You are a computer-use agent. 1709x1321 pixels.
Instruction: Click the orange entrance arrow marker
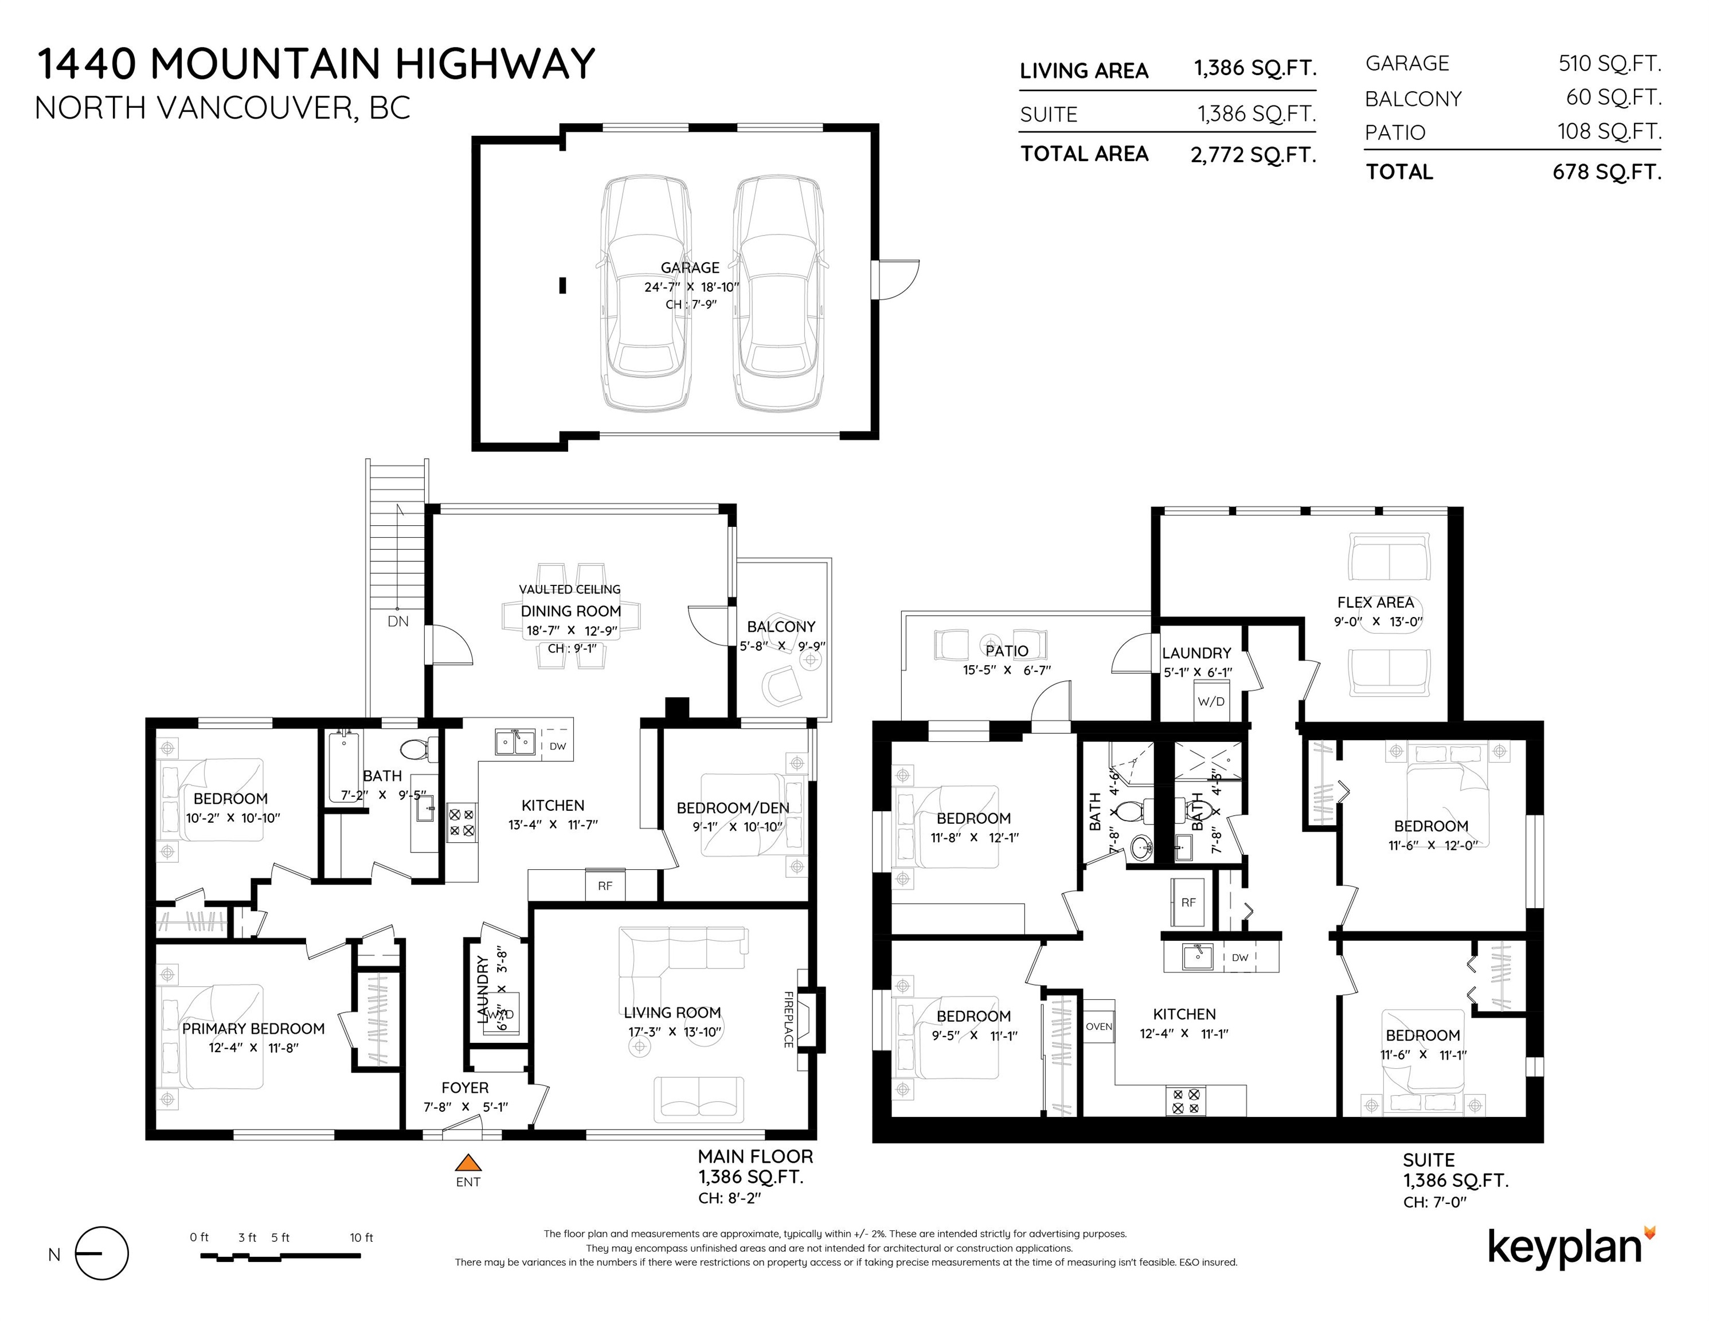point(467,1162)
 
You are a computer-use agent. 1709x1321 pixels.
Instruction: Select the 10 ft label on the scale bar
point(362,1237)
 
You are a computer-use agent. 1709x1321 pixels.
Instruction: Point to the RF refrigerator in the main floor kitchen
point(605,886)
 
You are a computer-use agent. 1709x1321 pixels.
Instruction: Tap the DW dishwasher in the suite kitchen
point(1239,957)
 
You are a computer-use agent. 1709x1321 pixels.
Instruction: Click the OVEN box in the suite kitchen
point(1098,1027)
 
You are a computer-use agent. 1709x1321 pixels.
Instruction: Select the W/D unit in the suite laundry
point(1211,701)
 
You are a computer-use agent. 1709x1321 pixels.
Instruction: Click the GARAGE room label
point(690,268)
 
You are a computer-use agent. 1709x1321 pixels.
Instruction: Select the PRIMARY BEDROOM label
point(253,1029)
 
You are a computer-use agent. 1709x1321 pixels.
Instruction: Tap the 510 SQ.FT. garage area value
point(1610,64)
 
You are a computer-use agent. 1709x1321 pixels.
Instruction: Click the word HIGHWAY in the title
point(495,64)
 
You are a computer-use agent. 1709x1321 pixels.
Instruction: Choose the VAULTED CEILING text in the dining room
point(570,589)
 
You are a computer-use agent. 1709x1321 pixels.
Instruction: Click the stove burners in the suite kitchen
point(1186,1101)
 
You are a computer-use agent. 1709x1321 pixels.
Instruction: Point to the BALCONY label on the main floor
point(781,627)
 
